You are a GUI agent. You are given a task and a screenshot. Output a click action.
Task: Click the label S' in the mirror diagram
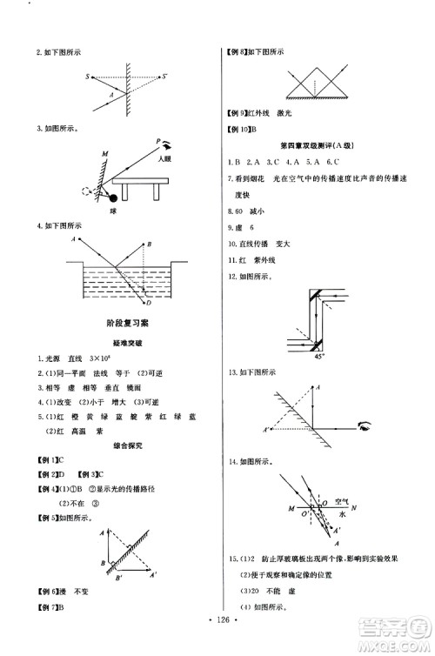pos(164,78)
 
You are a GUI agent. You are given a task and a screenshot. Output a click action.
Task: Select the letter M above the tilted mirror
pos(104,154)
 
